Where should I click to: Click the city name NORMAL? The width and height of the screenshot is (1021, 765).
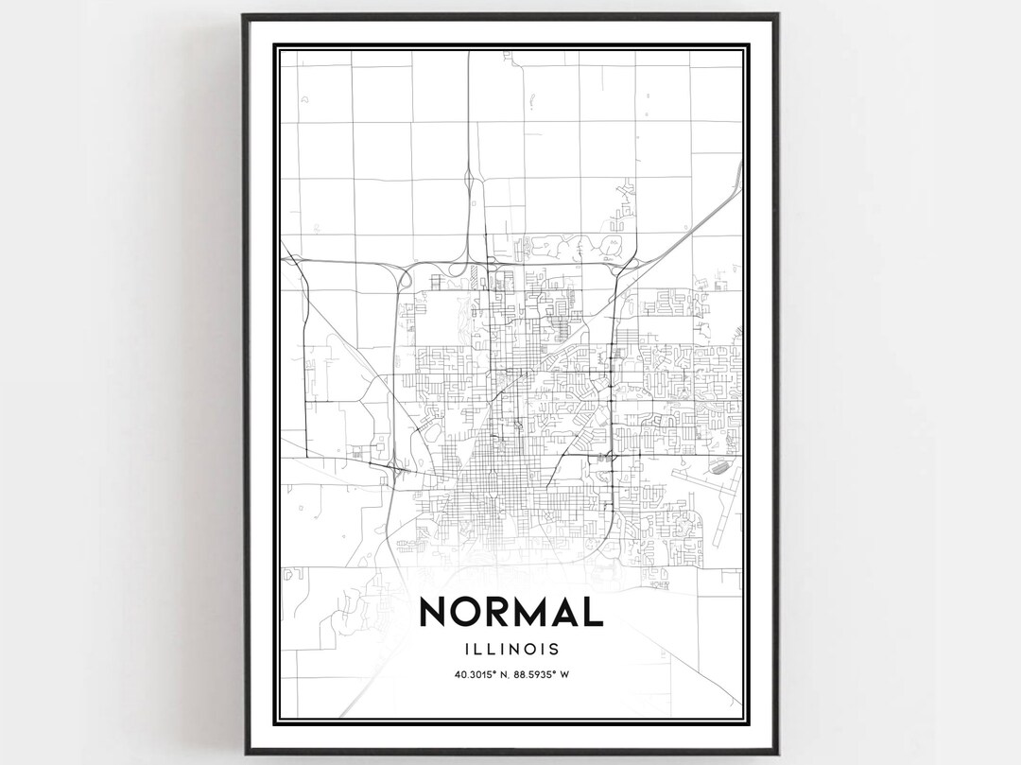pos(510,611)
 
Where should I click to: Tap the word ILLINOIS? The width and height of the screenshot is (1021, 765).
pos(510,650)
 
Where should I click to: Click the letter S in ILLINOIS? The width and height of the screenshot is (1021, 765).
pos(552,650)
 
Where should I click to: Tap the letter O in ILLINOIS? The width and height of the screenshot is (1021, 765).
pos(527,650)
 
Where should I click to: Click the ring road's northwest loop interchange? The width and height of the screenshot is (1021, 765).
pos(404,277)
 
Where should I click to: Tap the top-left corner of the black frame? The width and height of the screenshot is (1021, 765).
pos(244,16)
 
